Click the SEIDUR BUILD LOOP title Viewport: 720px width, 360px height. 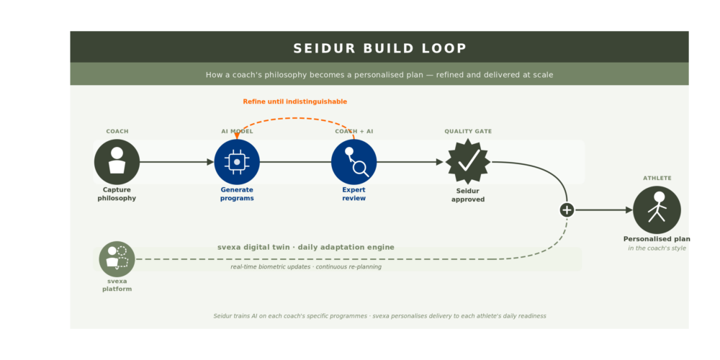pos(379,48)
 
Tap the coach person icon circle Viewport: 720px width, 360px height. pos(117,161)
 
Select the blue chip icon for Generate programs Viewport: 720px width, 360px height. pos(237,161)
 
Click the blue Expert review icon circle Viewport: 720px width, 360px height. pos(354,161)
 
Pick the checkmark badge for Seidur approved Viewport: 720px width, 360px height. pos(468,161)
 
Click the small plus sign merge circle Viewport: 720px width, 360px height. pos(567,210)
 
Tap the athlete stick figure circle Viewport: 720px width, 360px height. pos(657,210)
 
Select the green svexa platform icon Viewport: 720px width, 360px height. pos(117,259)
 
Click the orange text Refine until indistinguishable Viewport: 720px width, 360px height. pos(294,102)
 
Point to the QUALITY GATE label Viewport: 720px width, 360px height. pos(468,131)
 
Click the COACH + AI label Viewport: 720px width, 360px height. pos(354,131)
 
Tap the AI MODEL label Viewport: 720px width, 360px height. pos(237,131)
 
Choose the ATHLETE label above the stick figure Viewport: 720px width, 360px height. pos(657,178)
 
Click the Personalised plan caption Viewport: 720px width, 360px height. pos(657,239)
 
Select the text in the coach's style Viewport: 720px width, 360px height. pos(657,248)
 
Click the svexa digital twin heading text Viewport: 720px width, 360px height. pos(306,247)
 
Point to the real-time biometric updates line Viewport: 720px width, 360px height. pos(306,267)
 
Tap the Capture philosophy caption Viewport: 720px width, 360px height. pos(117,194)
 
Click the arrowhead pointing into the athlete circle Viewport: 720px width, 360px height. pos(629,210)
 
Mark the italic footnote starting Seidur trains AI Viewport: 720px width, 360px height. pos(379,316)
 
